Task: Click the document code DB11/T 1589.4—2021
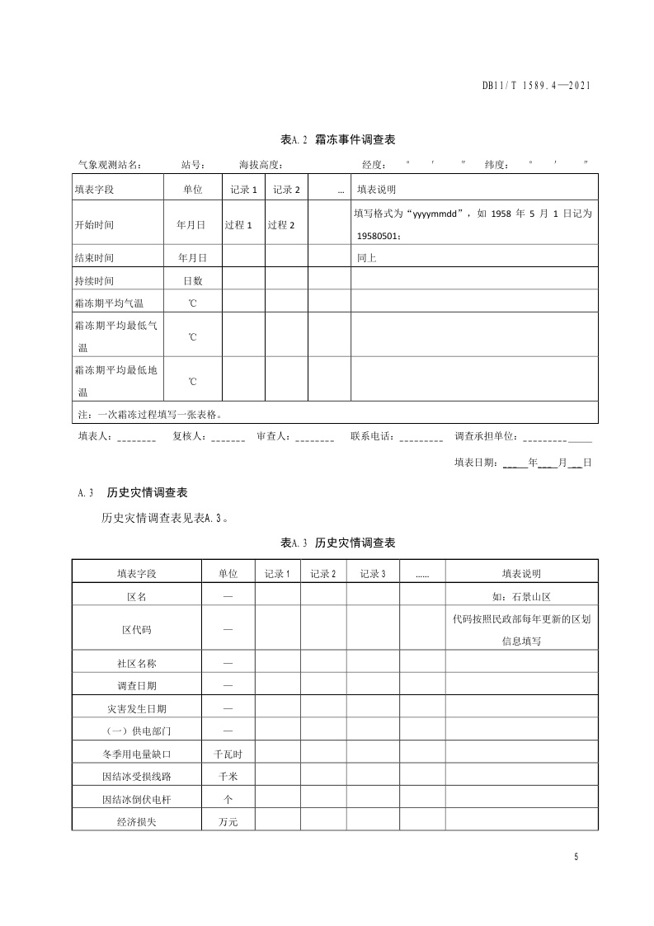click(x=537, y=85)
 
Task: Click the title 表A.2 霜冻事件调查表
click(x=338, y=139)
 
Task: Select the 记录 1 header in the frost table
click(x=244, y=190)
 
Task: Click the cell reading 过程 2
click(x=281, y=224)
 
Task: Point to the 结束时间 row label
click(x=94, y=258)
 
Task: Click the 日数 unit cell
click(x=192, y=280)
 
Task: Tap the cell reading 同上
click(x=367, y=258)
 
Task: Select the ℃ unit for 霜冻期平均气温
click(x=192, y=303)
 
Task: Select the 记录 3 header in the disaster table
click(x=372, y=574)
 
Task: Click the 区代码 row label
click(x=137, y=629)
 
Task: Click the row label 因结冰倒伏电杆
click(x=137, y=800)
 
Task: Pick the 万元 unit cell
click(x=228, y=822)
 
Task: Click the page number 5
click(x=576, y=857)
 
